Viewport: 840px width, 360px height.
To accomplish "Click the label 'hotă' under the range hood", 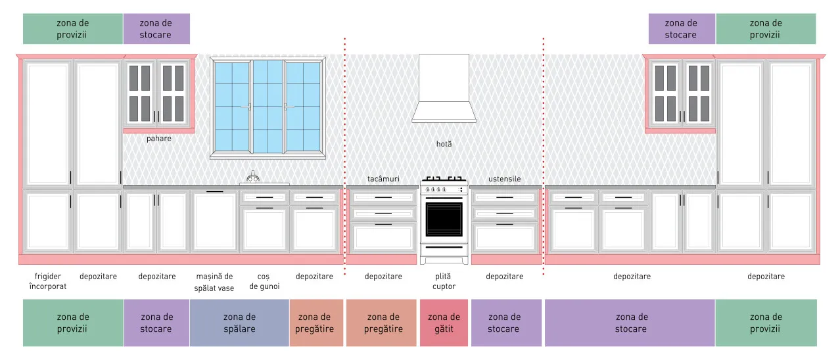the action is pos(444,145).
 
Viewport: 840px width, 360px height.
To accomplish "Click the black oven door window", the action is pos(444,219).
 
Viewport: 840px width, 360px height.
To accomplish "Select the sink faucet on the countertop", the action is pos(253,177).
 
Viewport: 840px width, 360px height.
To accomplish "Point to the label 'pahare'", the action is pos(159,139).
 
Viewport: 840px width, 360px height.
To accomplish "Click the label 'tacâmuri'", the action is pos(383,179).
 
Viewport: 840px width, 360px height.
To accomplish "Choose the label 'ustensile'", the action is pos(505,179).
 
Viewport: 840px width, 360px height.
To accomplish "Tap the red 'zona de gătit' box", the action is pos(444,323).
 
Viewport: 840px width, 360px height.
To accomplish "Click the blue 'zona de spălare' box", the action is pos(239,323).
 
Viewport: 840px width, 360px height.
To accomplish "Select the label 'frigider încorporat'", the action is pos(47,281).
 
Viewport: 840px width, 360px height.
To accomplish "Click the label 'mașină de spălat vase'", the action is pos(214,282).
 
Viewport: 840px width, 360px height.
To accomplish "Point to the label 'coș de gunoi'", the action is pos(264,281).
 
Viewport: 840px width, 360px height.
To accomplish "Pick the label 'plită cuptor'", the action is pos(444,281).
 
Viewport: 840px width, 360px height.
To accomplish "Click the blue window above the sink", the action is pos(268,107).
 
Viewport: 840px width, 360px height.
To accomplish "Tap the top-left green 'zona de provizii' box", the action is pos(73,29).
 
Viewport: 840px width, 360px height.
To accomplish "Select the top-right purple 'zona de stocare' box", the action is pos(682,29).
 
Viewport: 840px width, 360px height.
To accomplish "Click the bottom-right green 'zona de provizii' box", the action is pos(766,323).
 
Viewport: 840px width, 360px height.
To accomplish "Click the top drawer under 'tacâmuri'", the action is pos(383,198).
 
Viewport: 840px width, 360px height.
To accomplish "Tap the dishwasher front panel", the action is pos(215,221).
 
